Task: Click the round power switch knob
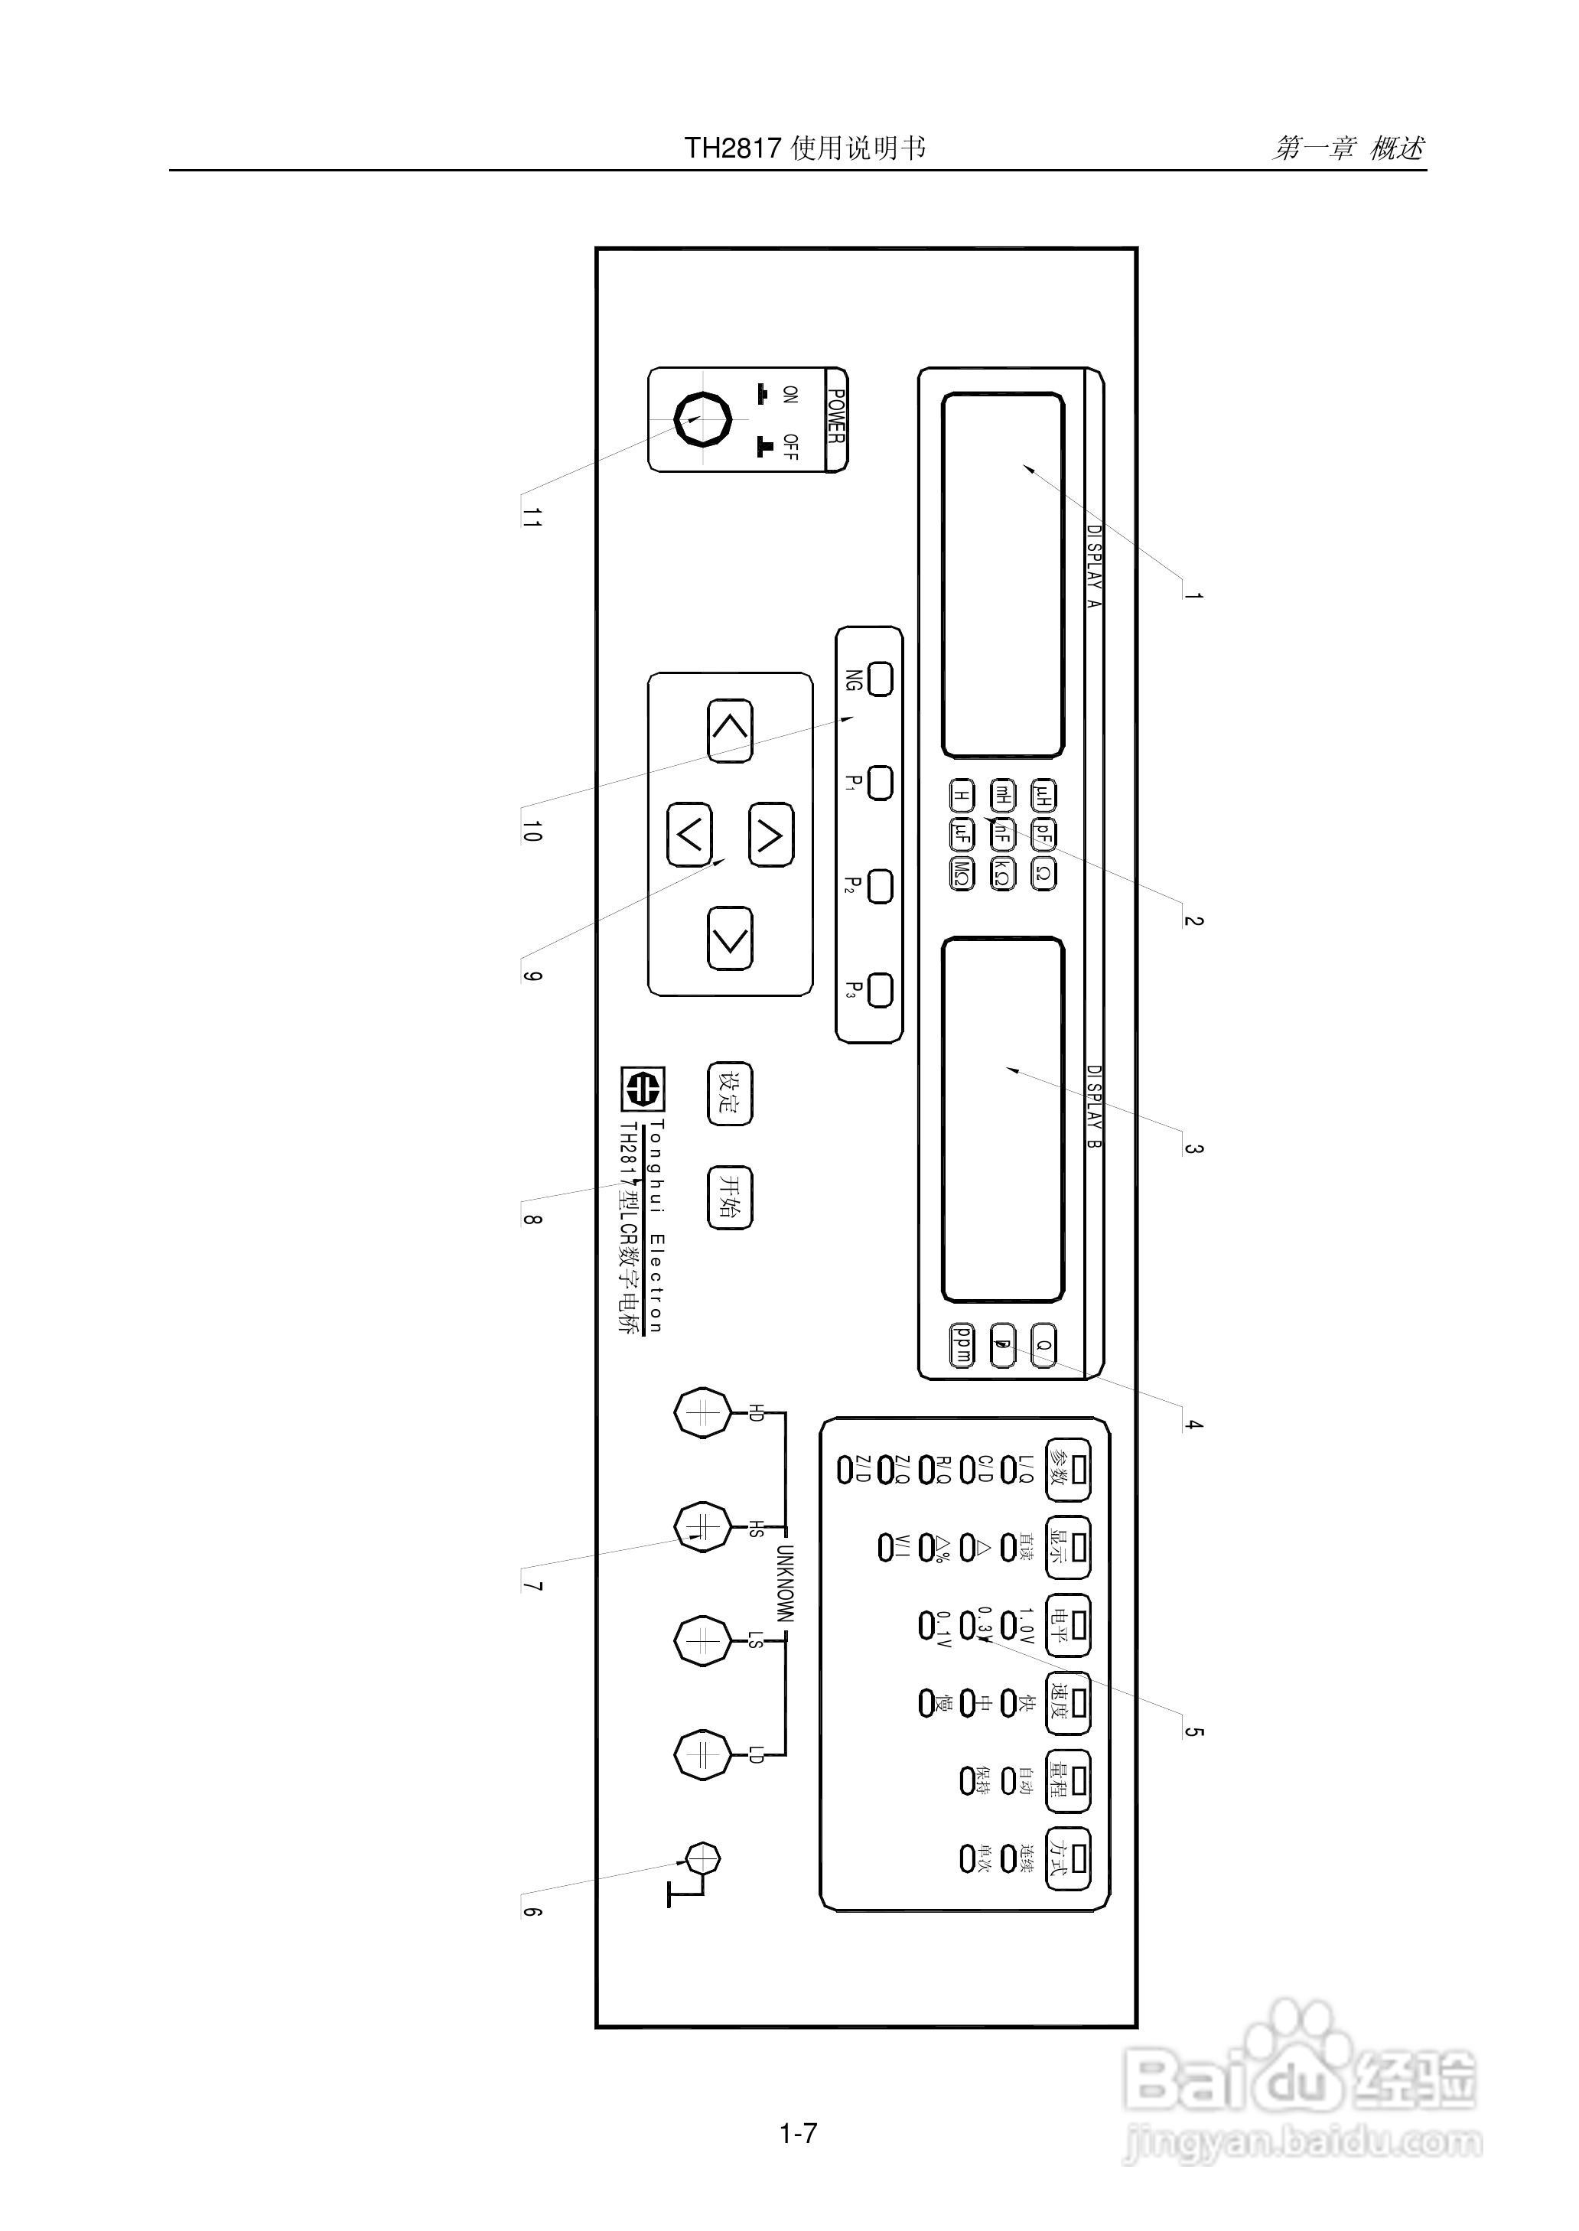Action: coord(702,419)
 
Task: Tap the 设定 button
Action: coord(729,1093)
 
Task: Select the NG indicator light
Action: coord(880,679)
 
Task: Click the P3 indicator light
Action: coord(880,991)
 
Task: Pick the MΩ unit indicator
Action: coord(962,874)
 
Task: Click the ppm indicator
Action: coord(962,1345)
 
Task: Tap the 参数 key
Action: coord(1066,1471)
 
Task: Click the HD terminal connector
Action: coord(702,1413)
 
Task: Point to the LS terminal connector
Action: coord(702,1641)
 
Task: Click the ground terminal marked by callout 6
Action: coord(702,1858)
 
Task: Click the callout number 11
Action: coord(530,517)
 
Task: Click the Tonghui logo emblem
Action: coord(643,1089)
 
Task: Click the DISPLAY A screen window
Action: coord(1002,575)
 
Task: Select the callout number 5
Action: coord(1193,1731)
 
